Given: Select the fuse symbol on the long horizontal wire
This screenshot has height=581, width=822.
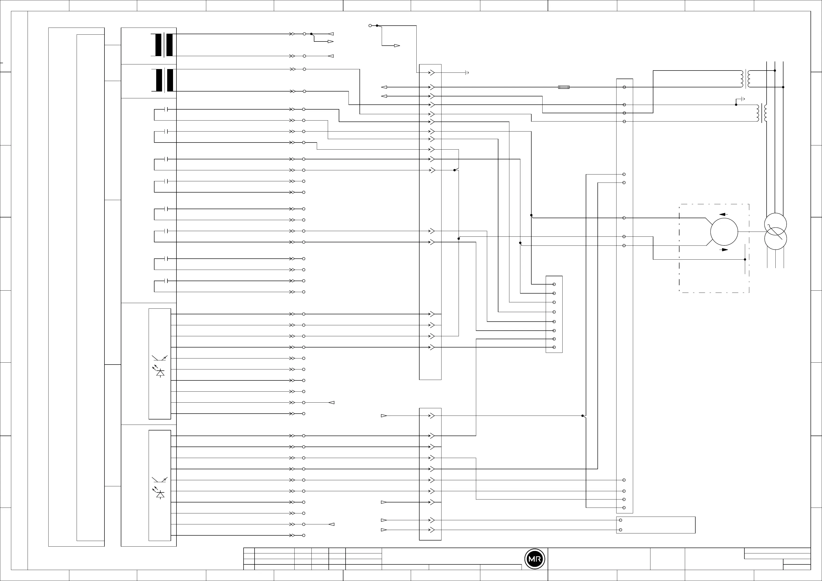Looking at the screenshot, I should (564, 87).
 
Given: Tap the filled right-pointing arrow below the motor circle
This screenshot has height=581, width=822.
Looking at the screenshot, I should (725, 250).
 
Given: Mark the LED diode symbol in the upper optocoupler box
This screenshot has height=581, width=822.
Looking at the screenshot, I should (160, 373).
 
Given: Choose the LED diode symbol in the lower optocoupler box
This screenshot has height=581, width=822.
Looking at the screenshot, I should (160, 494).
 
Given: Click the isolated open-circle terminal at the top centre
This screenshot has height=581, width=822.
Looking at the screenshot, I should (370, 26).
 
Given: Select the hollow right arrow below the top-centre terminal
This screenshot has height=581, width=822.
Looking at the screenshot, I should (397, 46).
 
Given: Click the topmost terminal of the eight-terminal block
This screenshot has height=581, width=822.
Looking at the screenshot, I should (554, 284).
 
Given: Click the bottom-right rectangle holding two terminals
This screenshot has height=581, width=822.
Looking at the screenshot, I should (656, 525).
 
